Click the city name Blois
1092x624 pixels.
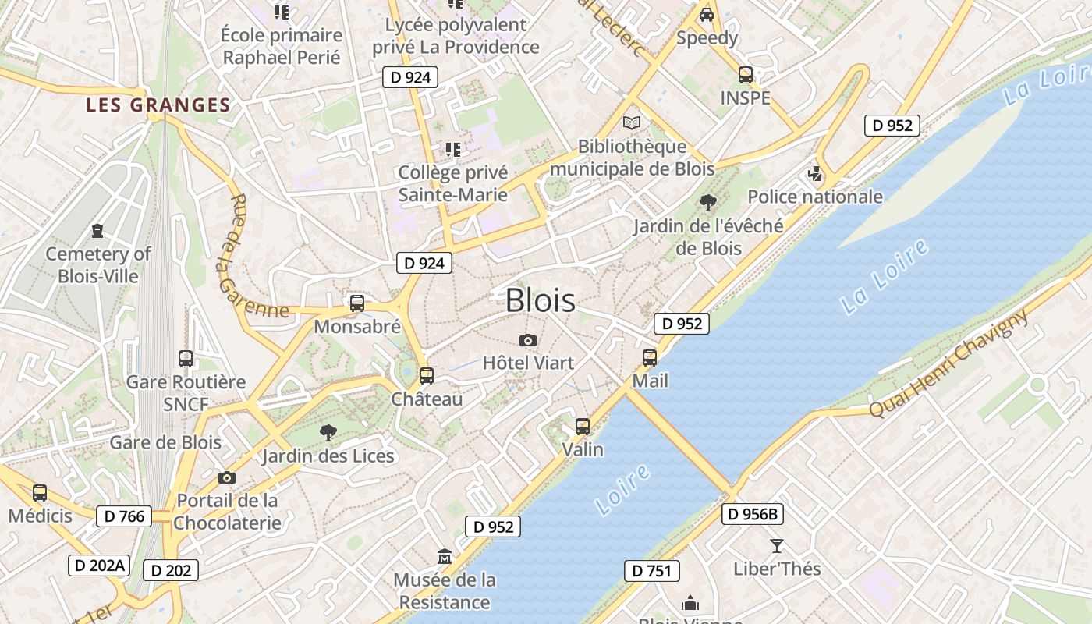(x=541, y=300)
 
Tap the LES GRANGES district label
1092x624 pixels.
(x=158, y=105)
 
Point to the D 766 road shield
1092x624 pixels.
(x=125, y=516)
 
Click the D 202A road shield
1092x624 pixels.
(x=98, y=565)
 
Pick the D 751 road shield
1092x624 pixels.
(x=652, y=571)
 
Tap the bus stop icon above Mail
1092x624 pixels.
(x=650, y=358)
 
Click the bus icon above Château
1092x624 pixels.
(x=426, y=376)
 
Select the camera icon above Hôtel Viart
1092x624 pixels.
(x=528, y=340)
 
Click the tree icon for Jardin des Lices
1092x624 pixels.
(x=328, y=432)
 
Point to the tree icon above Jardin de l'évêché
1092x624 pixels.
(x=708, y=203)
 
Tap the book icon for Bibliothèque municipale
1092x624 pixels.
(x=632, y=123)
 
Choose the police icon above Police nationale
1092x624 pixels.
(x=815, y=174)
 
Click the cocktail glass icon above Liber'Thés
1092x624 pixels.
(x=777, y=545)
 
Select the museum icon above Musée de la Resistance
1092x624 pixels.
(x=445, y=556)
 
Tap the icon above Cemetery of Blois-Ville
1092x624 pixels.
(x=97, y=231)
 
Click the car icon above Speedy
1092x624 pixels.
(x=707, y=14)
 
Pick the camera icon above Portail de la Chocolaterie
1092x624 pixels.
(x=227, y=477)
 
